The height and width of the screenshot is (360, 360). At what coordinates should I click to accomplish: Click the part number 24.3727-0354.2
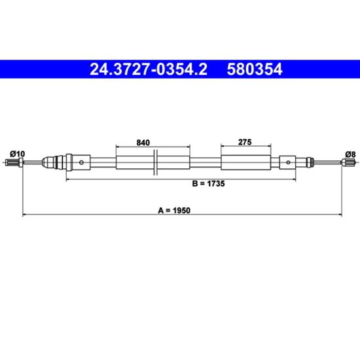coord(149,69)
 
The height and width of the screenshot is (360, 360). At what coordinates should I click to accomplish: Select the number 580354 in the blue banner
coord(255,69)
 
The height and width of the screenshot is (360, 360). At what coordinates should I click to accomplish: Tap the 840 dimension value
coord(143,143)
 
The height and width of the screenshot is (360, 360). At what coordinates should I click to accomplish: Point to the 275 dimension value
coord(245,142)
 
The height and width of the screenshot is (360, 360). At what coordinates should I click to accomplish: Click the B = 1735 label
coord(208,184)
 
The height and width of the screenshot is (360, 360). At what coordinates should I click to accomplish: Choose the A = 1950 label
coord(174,210)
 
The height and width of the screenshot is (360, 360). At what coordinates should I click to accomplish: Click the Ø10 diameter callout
coord(17,154)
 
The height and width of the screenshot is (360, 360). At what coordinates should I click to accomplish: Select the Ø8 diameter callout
coord(350,154)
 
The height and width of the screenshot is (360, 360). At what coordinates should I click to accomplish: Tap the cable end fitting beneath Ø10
coord(14,162)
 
